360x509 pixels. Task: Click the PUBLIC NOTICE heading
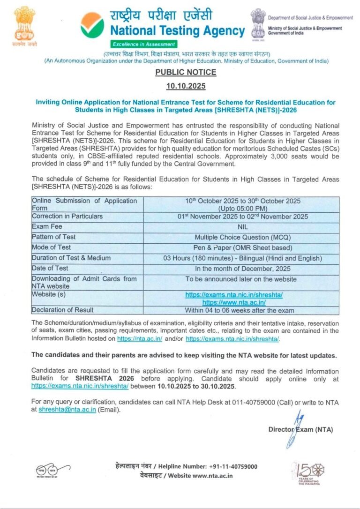coord(186,72)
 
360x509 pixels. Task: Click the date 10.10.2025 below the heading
coord(186,86)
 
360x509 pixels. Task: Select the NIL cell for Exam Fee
coord(242,227)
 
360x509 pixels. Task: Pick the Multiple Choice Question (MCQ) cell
coord(242,237)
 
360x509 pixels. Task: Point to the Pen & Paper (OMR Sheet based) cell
coord(242,247)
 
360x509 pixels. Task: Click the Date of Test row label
coord(50,268)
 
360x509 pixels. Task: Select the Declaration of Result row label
coord(62,310)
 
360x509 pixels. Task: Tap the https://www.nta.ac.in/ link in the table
coord(234,302)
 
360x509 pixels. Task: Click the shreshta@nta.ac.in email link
coord(67,409)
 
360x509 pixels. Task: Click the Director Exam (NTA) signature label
coord(300,429)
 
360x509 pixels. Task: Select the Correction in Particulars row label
coord(67,217)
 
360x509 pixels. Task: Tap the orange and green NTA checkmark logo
coord(92,25)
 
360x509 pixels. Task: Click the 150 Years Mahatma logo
coord(308,472)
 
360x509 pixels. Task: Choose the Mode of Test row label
coord(51,247)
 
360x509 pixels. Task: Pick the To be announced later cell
coord(241,279)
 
